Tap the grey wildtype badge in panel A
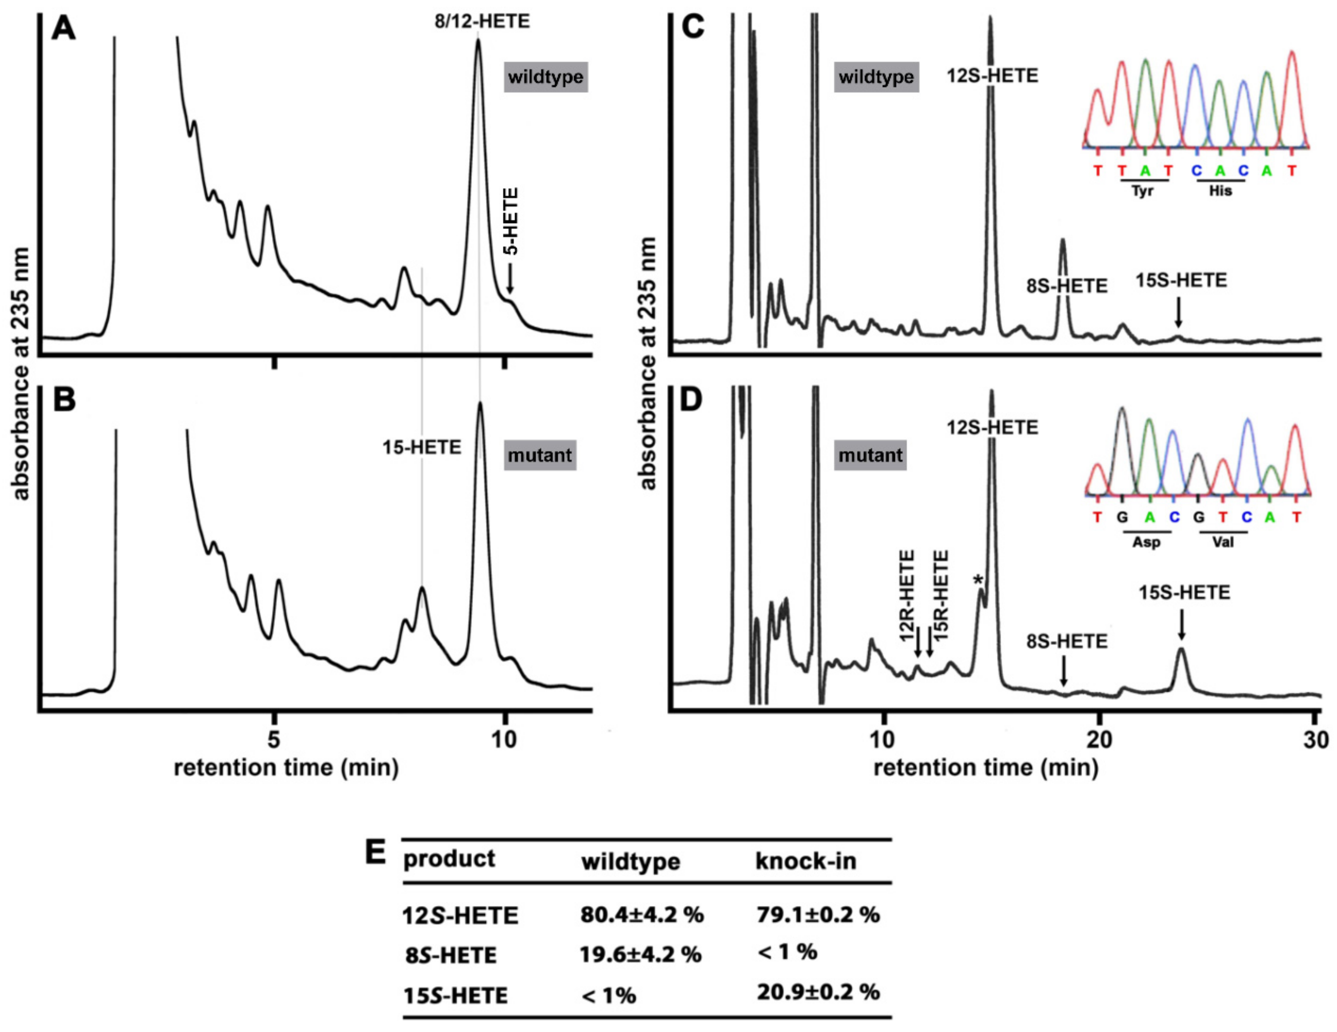(x=545, y=77)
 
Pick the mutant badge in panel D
(x=870, y=455)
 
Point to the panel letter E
(x=375, y=853)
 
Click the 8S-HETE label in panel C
(x=1067, y=286)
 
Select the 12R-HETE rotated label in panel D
(x=907, y=596)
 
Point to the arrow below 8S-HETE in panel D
(x=1064, y=671)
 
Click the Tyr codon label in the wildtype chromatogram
(x=1143, y=191)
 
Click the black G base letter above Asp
(x=1122, y=518)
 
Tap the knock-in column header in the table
(x=805, y=861)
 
